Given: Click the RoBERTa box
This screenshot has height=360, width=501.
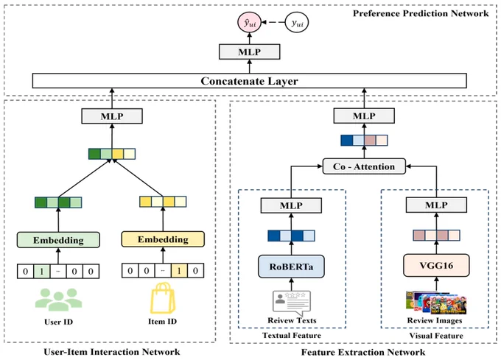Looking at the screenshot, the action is point(291,267).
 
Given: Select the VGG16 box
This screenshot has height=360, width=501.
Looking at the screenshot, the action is point(436,265).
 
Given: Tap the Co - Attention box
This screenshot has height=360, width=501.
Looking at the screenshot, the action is point(364,166).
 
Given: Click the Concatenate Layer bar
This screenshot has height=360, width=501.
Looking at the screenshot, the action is point(249,81).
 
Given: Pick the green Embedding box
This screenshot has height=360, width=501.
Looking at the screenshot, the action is point(58,240).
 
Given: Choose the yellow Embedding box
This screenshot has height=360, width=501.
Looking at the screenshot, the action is point(163,239).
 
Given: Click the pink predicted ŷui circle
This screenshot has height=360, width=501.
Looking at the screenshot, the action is point(249,22).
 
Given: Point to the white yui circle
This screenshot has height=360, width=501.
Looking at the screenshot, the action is point(296,22).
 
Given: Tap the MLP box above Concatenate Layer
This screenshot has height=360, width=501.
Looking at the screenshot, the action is point(249,52).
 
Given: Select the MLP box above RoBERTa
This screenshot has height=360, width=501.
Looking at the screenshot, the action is point(291,205).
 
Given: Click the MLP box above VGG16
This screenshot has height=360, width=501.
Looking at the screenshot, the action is point(436,205).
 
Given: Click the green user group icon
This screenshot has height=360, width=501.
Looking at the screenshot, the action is point(58,300).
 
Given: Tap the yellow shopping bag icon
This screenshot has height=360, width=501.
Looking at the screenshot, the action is point(163,297).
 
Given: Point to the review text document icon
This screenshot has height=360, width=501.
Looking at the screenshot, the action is point(292,303).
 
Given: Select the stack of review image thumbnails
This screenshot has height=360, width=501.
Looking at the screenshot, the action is point(436,302).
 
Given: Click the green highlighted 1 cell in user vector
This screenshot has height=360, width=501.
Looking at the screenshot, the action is point(41,272).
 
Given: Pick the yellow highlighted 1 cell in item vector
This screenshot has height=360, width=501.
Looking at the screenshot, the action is point(179,271).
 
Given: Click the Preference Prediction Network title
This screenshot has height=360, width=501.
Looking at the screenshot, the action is point(421,13).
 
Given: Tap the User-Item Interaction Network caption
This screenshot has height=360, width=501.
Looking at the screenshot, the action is point(112,352).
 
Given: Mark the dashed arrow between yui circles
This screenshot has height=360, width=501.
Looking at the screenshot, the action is point(273,22).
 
